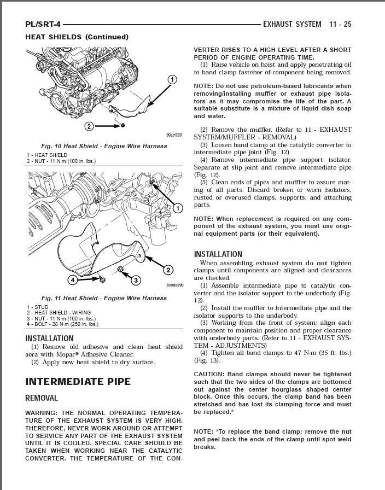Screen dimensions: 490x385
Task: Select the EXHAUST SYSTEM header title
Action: [292, 24]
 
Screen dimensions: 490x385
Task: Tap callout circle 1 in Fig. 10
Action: [172, 80]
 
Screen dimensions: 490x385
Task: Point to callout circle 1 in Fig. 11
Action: [178, 208]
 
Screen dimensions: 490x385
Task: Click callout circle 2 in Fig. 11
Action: [168, 270]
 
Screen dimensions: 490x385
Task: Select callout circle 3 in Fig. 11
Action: [135, 281]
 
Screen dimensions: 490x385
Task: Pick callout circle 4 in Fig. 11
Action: [73, 280]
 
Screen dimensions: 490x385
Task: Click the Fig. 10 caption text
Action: [104, 146]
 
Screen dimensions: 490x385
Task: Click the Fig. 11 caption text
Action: [104, 298]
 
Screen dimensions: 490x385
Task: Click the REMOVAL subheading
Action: [42, 398]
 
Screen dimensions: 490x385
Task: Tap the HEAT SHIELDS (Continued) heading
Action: [77, 37]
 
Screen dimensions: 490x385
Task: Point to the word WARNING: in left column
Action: [42, 412]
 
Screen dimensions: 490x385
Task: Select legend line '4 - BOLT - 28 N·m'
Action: [62, 324]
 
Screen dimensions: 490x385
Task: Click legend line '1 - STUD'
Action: [38, 307]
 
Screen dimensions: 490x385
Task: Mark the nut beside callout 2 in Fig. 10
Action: [123, 126]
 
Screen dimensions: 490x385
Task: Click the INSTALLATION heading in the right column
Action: [218, 254]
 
